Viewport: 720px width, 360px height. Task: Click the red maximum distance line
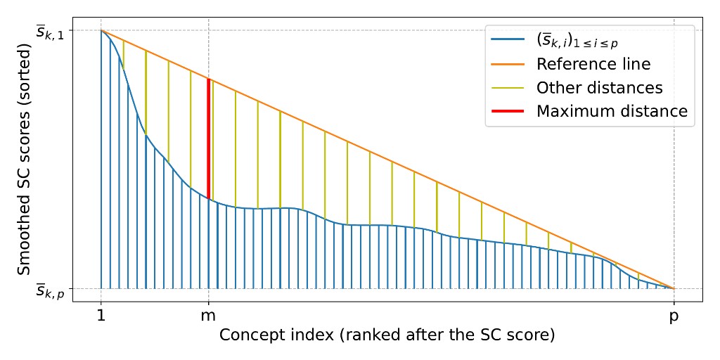[208, 139]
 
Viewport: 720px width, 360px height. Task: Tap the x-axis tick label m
[208, 317]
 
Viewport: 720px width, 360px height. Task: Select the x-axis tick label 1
[101, 317]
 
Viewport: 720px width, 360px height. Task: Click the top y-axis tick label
[50, 31]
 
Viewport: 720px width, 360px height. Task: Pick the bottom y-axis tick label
[50, 290]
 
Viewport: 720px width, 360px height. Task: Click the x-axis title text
[387, 335]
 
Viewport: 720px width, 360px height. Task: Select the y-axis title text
[24, 160]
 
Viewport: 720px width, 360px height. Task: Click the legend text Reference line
[593, 64]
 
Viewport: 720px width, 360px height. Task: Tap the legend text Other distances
[599, 88]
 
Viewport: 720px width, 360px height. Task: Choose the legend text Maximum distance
[611, 111]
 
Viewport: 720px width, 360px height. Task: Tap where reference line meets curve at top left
[101, 30]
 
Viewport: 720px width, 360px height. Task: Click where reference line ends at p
[674, 288]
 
